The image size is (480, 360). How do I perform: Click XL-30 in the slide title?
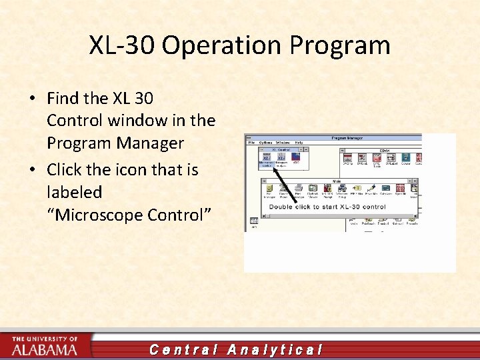point(122,45)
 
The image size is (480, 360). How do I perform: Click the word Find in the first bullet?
point(63,98)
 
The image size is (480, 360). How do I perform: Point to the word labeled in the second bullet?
point(74,193)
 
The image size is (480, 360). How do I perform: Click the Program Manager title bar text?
point(346,137)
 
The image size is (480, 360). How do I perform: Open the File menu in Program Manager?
point(251,143)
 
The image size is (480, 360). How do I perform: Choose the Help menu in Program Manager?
point(299,143)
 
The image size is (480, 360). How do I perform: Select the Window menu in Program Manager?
point(283,143)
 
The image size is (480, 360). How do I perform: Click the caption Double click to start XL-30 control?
point(327,207)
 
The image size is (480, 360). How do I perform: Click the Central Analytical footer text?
point(236,349)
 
